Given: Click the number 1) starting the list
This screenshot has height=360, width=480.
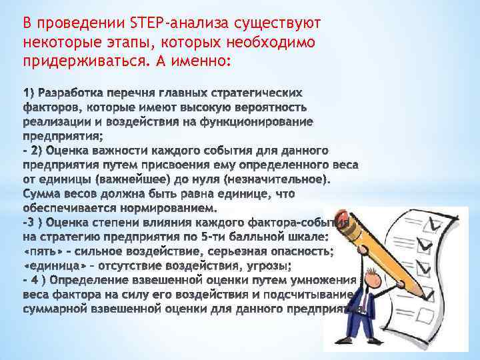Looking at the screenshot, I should [x=30, y=91].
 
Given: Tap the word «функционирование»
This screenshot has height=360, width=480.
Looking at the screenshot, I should [x=262, y=121].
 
